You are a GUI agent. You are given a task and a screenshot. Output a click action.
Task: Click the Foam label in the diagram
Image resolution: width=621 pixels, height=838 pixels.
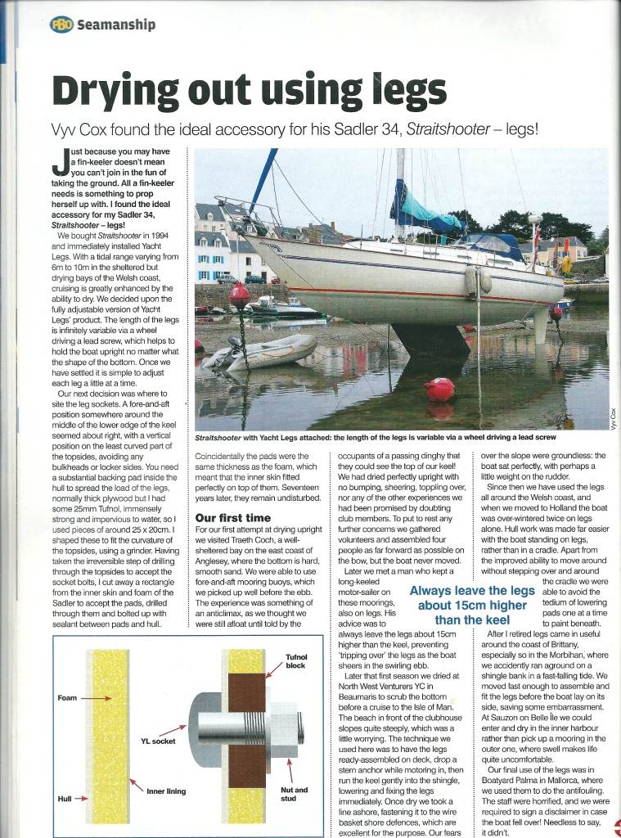click(x=69, y=699)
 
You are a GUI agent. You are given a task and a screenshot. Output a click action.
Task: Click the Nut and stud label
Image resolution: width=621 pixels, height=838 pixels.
click(x=295, y=795)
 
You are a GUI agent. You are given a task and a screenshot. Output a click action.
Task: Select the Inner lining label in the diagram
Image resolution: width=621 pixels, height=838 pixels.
click(x=166, y=791)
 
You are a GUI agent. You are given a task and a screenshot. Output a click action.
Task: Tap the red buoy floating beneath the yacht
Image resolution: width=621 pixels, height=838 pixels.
click(x=439, y=389)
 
